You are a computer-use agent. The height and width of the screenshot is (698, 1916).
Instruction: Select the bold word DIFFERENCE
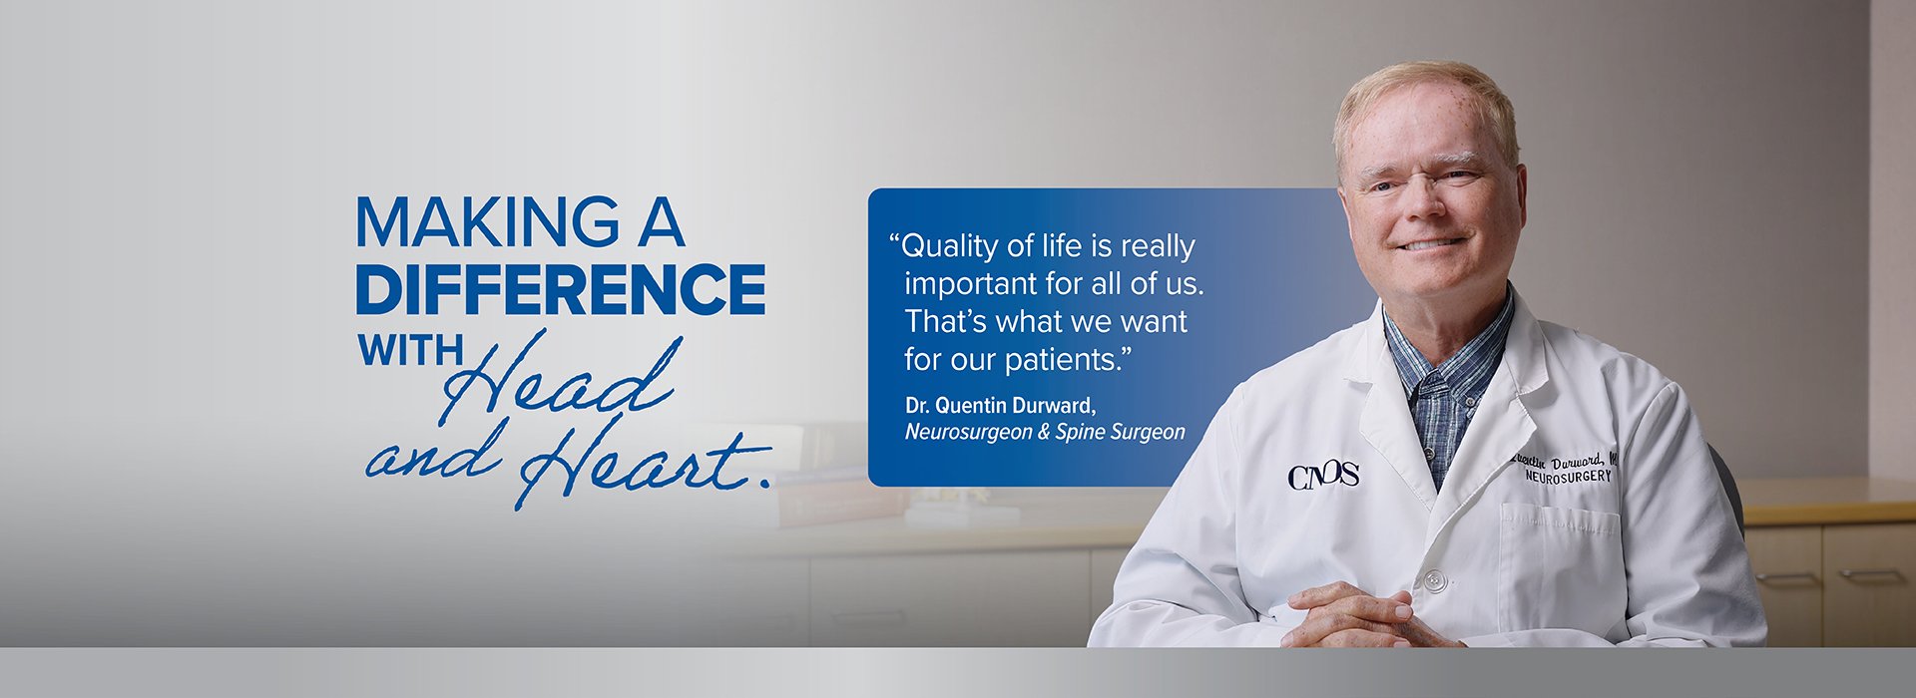(561, 289)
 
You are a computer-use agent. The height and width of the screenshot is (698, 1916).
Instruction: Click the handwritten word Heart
(644, 463)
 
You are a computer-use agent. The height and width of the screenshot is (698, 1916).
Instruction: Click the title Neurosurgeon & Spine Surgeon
(1045, 432)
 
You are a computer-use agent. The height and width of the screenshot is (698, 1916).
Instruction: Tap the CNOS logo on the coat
(1323, 477)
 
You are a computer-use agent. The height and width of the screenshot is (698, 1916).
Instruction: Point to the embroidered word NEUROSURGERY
(1568, 478)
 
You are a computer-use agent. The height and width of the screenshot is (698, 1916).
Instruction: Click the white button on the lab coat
(1434, 579)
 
